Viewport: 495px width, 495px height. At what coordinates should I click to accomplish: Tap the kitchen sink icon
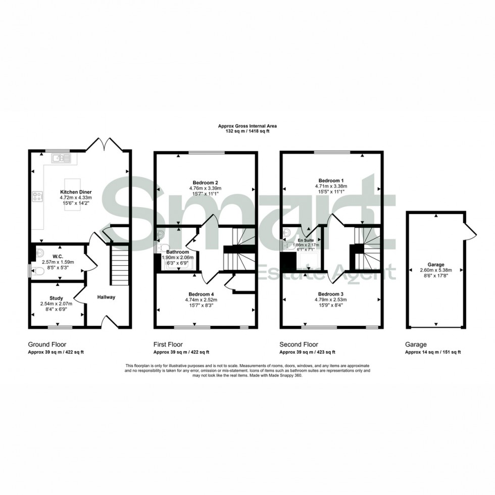[x=62, y=159]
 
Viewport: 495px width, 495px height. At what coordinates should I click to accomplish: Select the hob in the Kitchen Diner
[x=37, y=196]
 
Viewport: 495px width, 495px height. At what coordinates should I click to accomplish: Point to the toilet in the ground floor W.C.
[x=38, y=271]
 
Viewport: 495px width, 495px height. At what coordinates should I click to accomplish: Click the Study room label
[x=56, y=298]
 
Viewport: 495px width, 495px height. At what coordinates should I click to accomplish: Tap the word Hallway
[x=107, y=297]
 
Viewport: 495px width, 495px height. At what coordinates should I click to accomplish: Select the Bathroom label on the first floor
[x=178, y=252]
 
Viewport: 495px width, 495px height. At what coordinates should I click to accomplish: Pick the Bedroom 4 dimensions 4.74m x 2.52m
[x=205, y=300]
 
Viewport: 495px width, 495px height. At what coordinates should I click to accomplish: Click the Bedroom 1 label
[x=331, y=180]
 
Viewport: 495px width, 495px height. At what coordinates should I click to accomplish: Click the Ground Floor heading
[x=47, y=344]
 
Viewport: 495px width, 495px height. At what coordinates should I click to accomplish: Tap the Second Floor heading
[x=300, y=344]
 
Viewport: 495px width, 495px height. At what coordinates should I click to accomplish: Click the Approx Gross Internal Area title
[x=247, y=126]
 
